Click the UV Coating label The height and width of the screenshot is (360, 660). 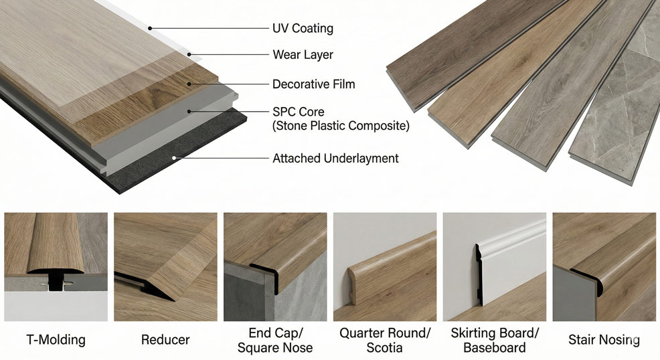tap(303, 29)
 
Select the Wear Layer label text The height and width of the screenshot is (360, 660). tap(303, 54)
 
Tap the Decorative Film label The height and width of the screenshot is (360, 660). tap(313, 84)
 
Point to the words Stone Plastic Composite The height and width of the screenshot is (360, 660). tap(341, 125)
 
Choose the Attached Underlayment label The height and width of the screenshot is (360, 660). tap(335, 159)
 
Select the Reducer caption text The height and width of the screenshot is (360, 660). tap(165, 340)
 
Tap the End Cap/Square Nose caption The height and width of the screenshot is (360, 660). tap(274, 340)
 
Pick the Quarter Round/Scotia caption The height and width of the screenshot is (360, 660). tap(385, 340)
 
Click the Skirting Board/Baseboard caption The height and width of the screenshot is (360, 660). tap(495, 340)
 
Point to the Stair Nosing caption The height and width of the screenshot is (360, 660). tap(604, 340)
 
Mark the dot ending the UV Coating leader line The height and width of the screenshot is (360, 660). tap(150, 28)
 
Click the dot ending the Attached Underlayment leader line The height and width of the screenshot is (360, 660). tap(174, 159)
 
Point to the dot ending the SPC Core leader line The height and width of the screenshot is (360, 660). tap(190, 111)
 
